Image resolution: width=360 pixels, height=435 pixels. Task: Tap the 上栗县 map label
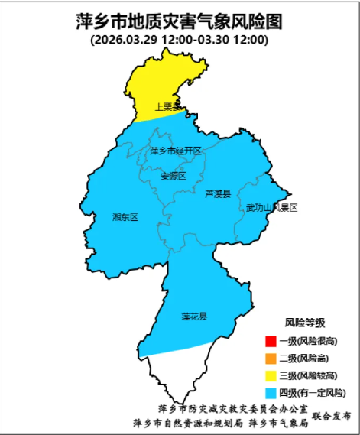pos(167,107)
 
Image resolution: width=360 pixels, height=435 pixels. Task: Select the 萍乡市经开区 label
pos(175,151)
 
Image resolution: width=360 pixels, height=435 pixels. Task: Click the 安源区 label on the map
pos(174,176)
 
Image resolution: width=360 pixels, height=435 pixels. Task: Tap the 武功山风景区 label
pos(271,207)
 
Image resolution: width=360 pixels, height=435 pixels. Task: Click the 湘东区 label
pos(125,217)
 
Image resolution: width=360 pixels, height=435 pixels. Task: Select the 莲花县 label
pos(194,316)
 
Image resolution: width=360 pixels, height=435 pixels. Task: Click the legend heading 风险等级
pos(304,322)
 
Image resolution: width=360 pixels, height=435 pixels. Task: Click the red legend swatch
pos(270,341)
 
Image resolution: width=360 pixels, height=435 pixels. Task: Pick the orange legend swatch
pos(270,358)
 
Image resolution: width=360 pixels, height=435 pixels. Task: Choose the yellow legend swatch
pos(270,375)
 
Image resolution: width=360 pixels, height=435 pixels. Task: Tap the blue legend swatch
pos(270,393)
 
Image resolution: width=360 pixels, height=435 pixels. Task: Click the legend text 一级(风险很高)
pos(308,341)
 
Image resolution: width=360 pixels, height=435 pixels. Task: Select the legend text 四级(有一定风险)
pos(311,393)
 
